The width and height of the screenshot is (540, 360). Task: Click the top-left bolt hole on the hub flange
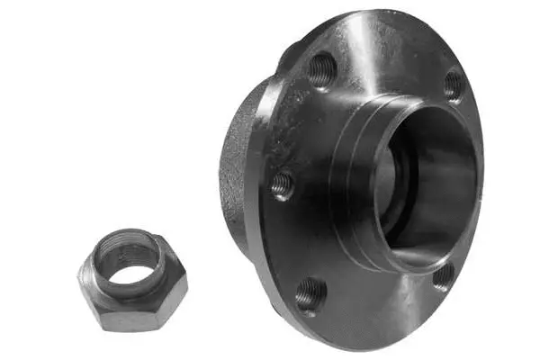321,68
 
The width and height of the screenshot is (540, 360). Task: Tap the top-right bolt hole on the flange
453,85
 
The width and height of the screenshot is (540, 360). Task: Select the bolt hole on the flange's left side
283,184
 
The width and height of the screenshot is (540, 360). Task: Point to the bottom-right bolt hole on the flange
443,275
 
